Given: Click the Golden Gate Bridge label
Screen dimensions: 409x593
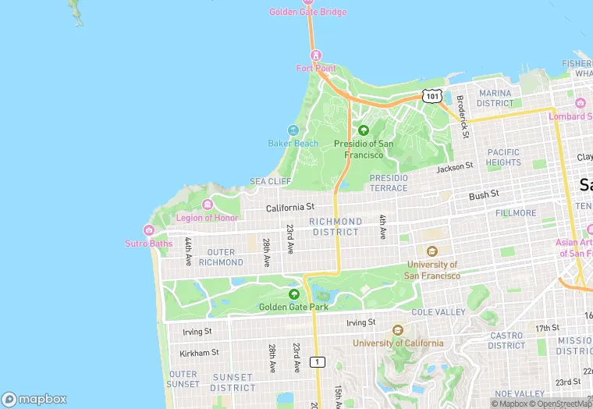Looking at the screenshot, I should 308,12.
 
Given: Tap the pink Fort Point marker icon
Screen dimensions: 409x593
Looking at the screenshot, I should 316,55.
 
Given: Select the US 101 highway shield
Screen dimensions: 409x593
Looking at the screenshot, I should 431,95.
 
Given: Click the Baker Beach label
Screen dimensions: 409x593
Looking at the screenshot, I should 293,144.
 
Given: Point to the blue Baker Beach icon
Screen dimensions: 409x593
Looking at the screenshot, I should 293,130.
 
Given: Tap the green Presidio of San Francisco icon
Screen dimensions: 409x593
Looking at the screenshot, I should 363,130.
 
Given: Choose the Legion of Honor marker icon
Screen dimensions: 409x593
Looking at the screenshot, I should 207,204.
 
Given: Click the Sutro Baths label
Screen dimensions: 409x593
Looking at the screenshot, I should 148,244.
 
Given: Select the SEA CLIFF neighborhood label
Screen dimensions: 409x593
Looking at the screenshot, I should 270,181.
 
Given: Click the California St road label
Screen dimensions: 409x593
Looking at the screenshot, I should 289,208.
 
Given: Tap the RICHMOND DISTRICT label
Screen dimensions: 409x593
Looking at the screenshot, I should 336,226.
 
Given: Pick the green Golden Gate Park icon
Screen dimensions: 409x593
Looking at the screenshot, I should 293,294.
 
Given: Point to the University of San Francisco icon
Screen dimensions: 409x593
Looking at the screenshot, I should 432,251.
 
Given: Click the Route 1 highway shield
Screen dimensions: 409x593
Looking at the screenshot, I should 317,361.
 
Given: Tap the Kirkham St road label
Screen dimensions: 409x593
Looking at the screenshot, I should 199,353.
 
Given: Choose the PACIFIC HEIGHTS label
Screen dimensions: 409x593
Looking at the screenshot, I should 503,158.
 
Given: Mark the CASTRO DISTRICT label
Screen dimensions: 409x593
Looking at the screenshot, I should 506,340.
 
